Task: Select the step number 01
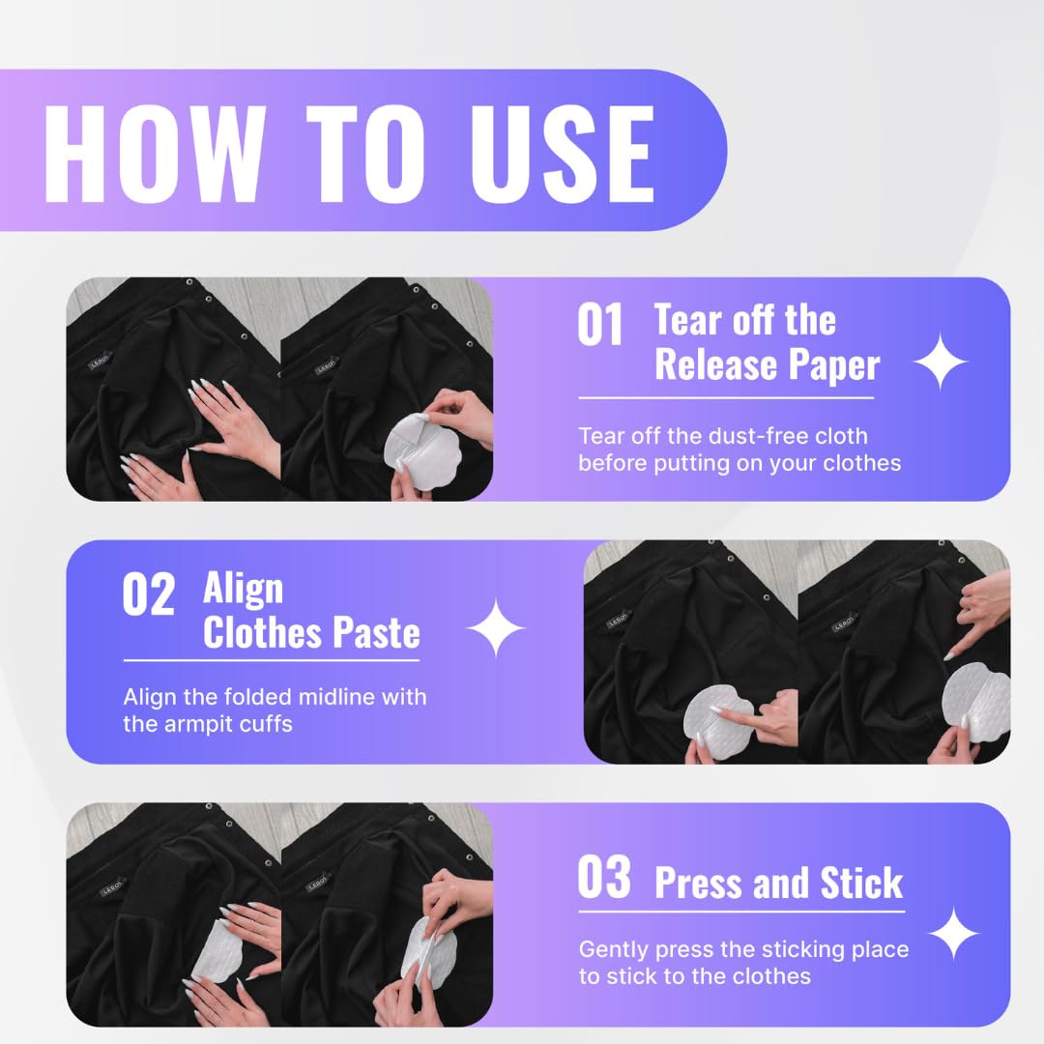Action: click(x=600, y=324)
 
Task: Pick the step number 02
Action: click(x=149, y=594)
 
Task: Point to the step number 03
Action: click(x=604, y=877)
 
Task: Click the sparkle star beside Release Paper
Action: click(x=940, y=362)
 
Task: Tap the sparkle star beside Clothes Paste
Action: click(x=495, y=628)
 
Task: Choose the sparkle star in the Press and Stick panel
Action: click(x=953, y=933)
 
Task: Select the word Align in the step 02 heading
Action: click(x=243, y=589)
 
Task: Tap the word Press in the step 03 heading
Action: click(x=699, y=883)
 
